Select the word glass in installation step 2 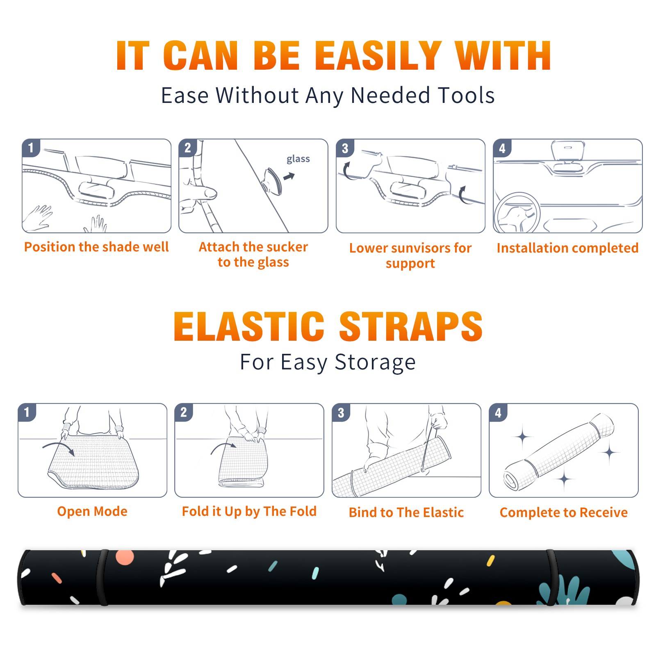pos(298,159)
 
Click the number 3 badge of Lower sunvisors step pos(345,148)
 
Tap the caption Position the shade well pos(96,247)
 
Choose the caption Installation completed pos(567,248)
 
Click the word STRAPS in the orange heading pos(411,326)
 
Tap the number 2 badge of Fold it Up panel pos(184,412)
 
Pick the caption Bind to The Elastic pos(406,512)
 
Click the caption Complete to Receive pos(563,512)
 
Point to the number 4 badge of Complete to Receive pos(498,412)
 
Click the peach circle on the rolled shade pos(125,557)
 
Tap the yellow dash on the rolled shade pos(490,560)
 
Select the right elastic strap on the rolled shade pos(551,577)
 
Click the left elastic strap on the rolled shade pos(102,577)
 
